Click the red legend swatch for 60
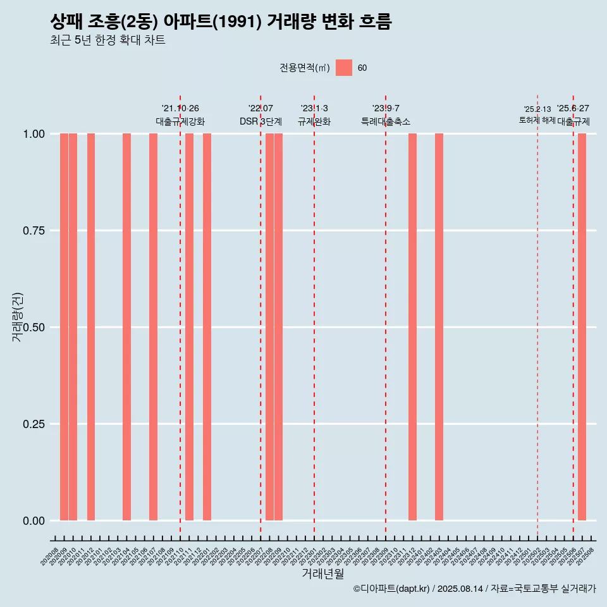(344, 68)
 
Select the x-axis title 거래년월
(323, 574)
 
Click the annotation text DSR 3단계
(261, 121)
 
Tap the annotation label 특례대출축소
(386, 121)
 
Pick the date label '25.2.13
(537, 109)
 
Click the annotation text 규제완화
(314, 121)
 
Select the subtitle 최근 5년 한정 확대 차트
(107, 40)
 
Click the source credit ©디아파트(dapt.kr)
(391, 589)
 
